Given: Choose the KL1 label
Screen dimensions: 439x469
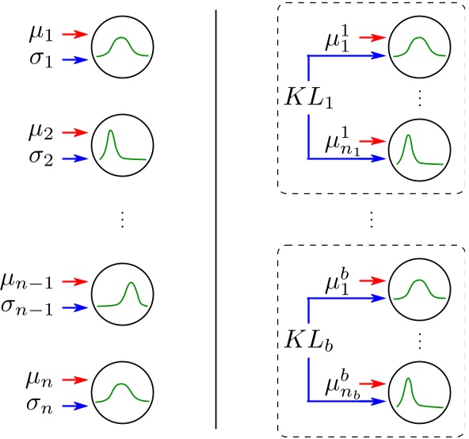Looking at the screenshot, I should coord(305,101).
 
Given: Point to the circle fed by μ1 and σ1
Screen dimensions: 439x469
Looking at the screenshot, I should coord(120,47).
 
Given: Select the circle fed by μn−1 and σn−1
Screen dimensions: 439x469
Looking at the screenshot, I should coord(120,294).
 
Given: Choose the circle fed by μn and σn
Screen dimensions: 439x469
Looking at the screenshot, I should coord(120,392).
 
